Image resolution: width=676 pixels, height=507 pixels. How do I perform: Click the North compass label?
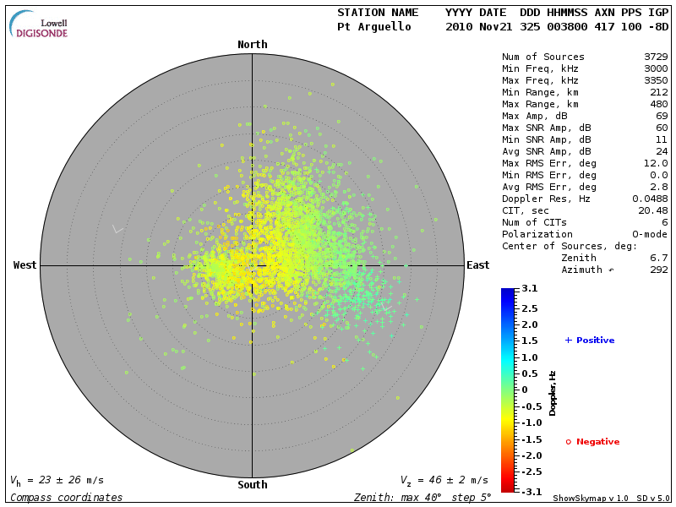pyautogui.click(x=252, y=45)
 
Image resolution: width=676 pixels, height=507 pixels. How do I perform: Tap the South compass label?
pyautogui.click(x=252, y=485)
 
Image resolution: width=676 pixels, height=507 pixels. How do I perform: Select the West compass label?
pyautogui.click(x=25, y=265)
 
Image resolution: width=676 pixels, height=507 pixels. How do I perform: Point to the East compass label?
pyautogui.click(x=477, y=265)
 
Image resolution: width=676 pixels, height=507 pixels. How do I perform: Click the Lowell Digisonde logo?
pyautogui.click(x=40, y=25)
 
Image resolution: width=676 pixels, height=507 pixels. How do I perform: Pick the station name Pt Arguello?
pyautogui.click(x=373, y=27)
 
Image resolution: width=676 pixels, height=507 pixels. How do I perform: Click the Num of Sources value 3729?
pyautogui.click(x=656, y=57)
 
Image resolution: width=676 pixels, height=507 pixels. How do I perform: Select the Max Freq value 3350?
pyautogui.click(x=656, y=81)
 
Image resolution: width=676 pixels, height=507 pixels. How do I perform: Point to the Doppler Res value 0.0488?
pyautogui.click(x=650, y=199)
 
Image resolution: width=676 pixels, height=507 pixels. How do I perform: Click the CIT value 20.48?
pyautogui.click(x=653, y=210)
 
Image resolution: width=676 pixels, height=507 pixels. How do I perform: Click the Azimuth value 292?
pyautogui.click(x=659, y=270)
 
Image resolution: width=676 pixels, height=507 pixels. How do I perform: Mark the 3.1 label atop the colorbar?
pyautogui.click(x=530, y=289)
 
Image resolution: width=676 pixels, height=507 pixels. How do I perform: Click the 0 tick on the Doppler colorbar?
pyautogui.click(x=524, y=390)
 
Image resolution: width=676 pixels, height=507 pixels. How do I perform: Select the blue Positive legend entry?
pyautogui.click(x=590, y=341)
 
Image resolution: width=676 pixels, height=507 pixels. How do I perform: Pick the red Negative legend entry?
pyautogui.click(x=592, y=442)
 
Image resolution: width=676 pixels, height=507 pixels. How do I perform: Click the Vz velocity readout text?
pyautogui.click(x=444, y=480)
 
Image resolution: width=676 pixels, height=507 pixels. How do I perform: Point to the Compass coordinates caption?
pyautogui.click(x=66, y=498)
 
